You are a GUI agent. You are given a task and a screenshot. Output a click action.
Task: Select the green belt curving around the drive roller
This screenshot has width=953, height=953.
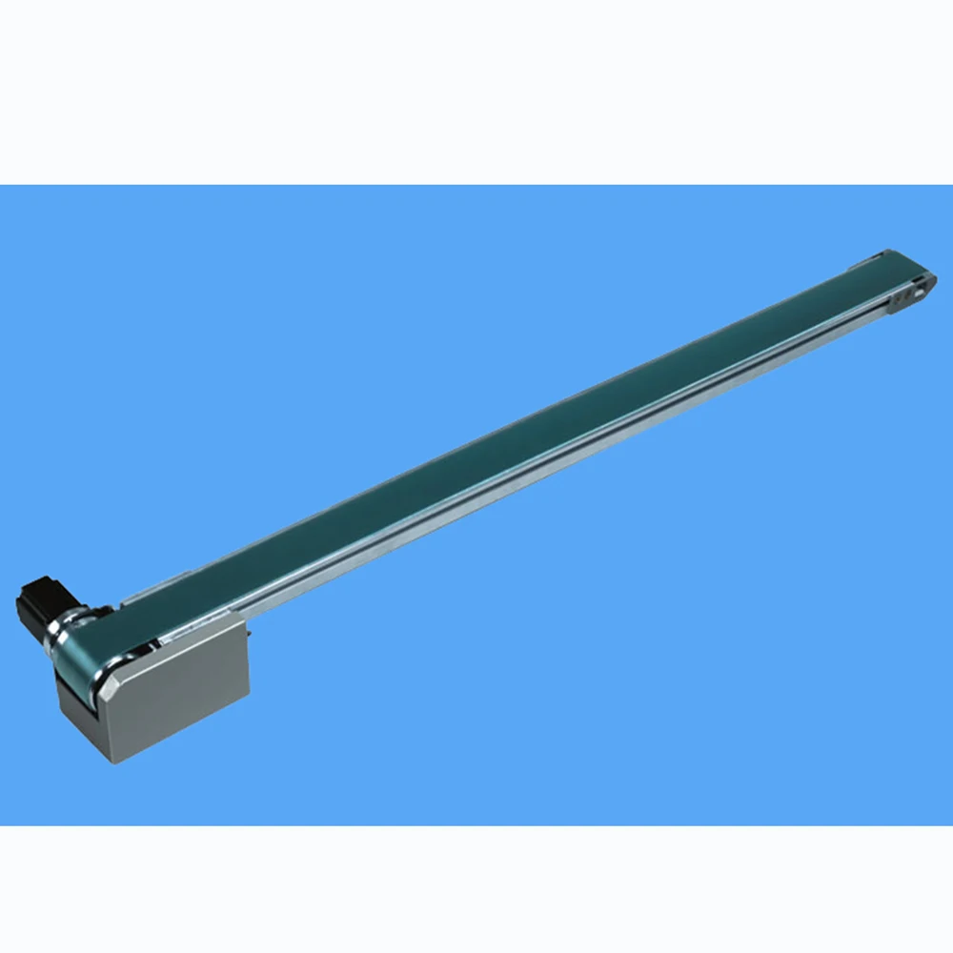pyautogui.click(x=90, y=648)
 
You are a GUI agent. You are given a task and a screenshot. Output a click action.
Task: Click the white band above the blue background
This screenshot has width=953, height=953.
pyautogui.click(x=476, y=91)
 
